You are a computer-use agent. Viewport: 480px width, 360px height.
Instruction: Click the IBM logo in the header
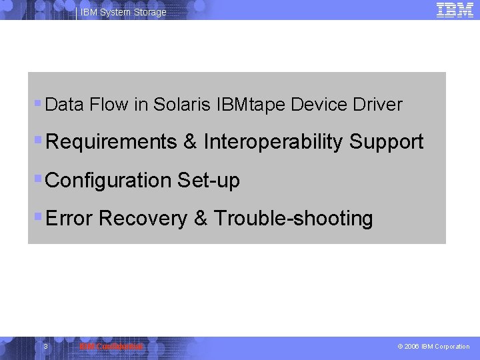(455, 9)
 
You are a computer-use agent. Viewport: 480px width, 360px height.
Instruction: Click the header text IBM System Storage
(123, 13)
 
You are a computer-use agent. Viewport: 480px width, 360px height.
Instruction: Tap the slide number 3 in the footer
(45, 347)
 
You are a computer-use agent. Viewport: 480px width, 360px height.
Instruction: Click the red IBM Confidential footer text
(111, 347)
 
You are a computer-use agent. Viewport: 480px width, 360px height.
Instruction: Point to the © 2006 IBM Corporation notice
(433, 347)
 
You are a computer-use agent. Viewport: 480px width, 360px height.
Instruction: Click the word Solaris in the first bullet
(183, 105)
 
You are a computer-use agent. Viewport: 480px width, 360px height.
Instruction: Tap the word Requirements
(112, 142)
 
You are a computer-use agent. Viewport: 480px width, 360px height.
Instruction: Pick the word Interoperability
(273, 142)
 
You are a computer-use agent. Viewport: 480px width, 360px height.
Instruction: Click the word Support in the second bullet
(386, 142)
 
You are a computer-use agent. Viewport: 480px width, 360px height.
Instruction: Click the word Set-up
(208, 180)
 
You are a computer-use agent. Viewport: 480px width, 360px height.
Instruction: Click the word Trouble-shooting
(293, 218)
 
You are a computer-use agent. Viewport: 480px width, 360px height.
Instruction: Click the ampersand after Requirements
(190, 142)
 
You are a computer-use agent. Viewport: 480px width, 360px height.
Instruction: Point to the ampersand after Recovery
(201, 218)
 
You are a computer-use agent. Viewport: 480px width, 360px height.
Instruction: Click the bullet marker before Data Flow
(38, 104)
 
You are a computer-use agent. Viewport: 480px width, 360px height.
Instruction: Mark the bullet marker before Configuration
(38, 179)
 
